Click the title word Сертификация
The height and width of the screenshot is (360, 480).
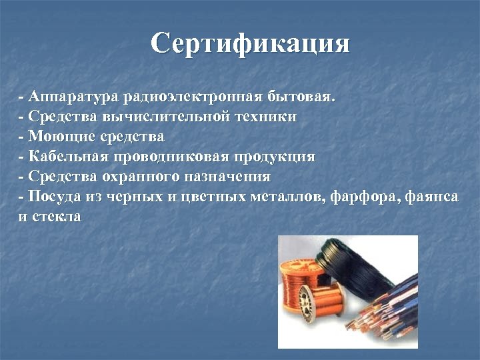click(x=250, y=44)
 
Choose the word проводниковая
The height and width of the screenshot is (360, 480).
click(x=174, y=157)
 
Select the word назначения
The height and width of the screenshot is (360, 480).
click(x=233, y=177)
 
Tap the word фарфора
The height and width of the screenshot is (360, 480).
click(x=362, y=197)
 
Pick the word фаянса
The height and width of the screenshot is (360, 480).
click(x=431, y=197)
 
